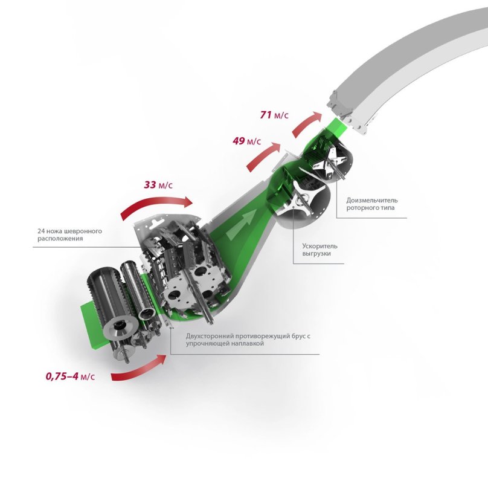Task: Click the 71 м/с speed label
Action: click(274, 115)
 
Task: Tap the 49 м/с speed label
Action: click(246, 141)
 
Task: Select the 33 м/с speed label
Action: click(158, 185)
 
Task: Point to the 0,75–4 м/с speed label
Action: click(70, 376)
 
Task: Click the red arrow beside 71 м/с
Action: click(305, 123)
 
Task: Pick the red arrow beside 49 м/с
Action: click(262, 156)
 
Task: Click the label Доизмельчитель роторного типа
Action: click(372, 204)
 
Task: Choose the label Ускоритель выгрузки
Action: click(319, 250)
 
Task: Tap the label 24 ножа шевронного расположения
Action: click(69, 235)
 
